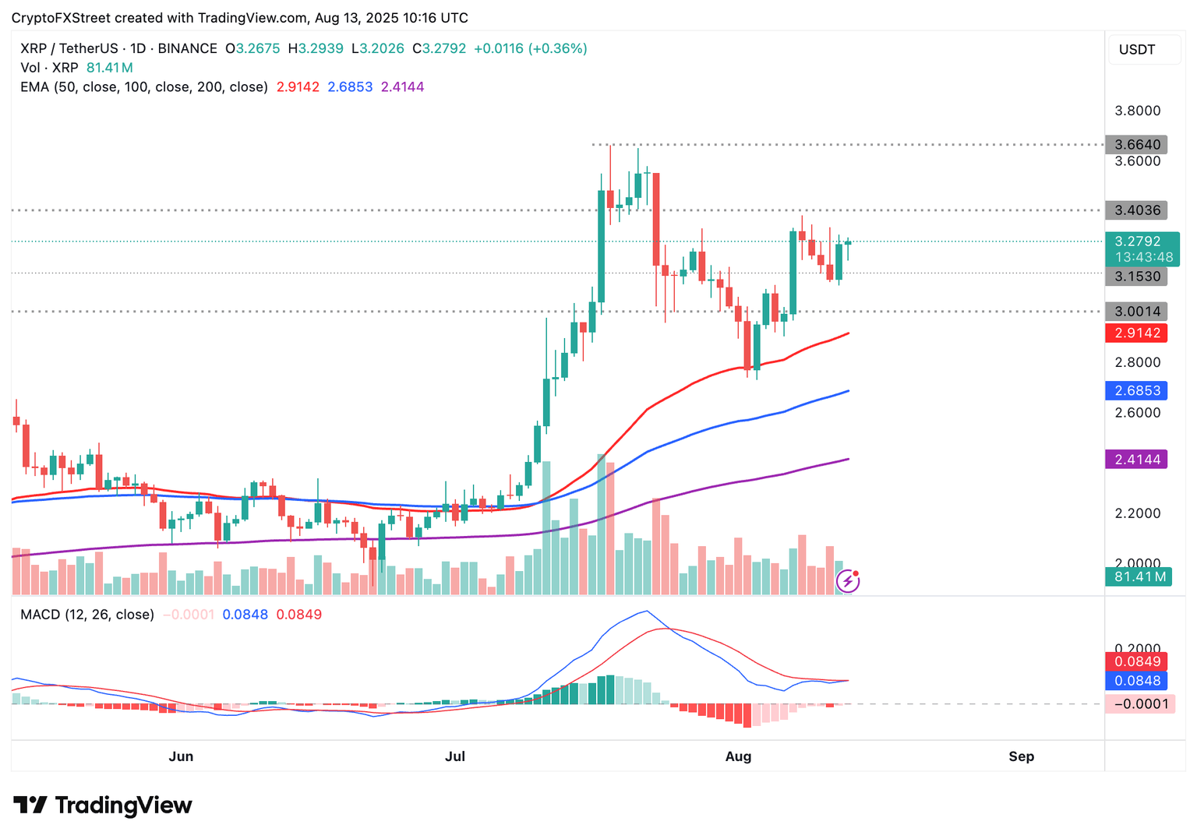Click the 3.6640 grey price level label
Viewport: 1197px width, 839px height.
pos(1136,144)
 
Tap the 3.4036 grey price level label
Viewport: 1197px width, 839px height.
pos(1136,210)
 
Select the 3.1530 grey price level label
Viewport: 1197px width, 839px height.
pos(1136,277)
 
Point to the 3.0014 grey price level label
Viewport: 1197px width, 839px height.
pos(1136,312)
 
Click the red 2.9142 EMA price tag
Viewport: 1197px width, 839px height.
pos(1136,333)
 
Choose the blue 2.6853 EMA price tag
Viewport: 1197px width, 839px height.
pos(1136,391)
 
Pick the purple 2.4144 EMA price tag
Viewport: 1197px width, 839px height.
pos(1136,460)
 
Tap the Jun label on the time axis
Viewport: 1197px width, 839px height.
pos(181,756)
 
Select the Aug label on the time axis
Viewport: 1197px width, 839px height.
pos(738,756)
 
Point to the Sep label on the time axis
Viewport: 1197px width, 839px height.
pos(1021,756)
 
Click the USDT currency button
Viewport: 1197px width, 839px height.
pos(1137,50)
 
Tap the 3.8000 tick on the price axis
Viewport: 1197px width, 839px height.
pos(1137,111)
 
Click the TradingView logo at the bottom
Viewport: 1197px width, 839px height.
pos(103,805)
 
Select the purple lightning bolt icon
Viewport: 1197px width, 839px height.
pos(847,581)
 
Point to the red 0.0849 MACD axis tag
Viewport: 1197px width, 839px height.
pos(1136,662)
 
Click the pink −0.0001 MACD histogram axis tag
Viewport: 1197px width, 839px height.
pos(1139,704)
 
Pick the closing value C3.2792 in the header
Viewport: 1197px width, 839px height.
pos(440,48)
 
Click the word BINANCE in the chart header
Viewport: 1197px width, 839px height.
pos(187,48)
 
